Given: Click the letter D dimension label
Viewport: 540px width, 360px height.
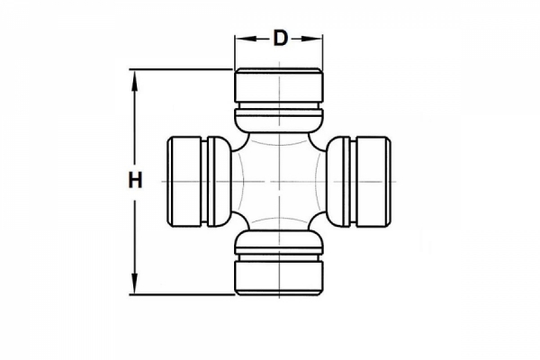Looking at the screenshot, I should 280,38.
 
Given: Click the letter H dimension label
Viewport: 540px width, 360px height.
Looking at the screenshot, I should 135,181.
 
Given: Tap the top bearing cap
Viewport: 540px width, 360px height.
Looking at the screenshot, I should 279,88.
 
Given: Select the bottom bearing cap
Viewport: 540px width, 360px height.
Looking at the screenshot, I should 279,275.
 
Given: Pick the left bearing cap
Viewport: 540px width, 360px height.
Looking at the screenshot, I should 186,181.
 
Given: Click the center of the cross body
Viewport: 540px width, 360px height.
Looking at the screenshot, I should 279,181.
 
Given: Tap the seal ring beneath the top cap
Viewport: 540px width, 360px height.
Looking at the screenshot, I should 279,121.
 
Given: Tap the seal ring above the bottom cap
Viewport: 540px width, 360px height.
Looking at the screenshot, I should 279,242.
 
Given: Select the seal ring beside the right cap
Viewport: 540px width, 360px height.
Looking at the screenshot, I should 339,181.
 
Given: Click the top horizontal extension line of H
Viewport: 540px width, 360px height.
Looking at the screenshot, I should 180,68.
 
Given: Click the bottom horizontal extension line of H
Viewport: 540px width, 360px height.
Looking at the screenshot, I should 180,294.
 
